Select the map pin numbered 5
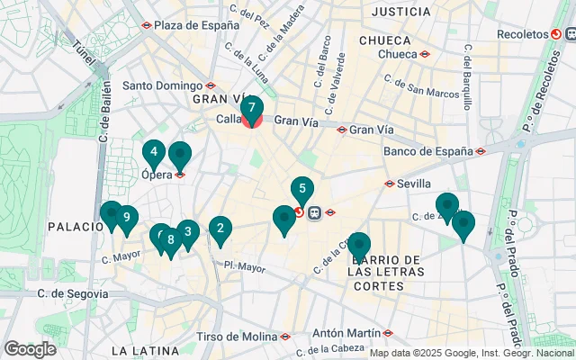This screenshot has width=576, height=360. (302, 190)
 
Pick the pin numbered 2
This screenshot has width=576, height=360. (220, 229)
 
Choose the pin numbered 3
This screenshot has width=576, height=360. (187, 231)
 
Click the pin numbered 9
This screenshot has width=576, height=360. (128, 217)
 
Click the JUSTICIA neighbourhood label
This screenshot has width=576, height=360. (400, 12)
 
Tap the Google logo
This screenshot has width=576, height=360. (30, 349)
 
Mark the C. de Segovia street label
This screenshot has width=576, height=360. (74, 293)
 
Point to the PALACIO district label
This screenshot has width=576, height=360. (76, 227)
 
